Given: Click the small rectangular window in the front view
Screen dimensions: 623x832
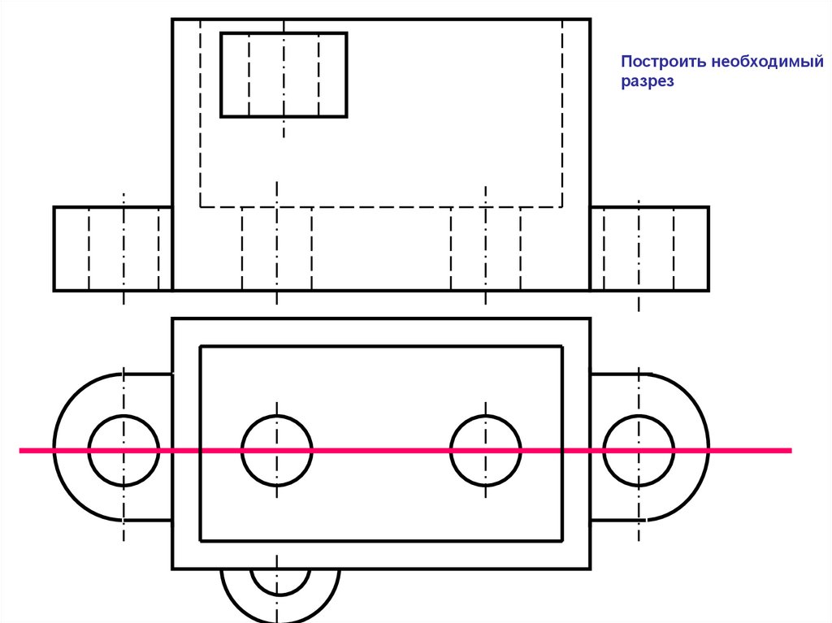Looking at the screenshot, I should (284, 75).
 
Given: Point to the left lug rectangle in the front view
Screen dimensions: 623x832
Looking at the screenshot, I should (113, 249).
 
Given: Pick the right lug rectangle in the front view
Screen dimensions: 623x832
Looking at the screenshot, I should (649, 249).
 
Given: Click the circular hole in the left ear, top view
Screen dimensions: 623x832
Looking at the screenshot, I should (123, 450).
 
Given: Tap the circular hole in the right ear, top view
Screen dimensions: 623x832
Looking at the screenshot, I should (639, 450).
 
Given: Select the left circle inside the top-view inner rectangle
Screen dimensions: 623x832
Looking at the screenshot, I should (276, 450).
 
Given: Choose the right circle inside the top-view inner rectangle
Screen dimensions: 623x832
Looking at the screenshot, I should (485, 450).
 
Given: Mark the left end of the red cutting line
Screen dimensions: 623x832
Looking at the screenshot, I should (21, 449).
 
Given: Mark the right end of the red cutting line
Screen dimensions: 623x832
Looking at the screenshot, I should (790, 449).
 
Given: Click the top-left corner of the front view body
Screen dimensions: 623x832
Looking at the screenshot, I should (172, 19).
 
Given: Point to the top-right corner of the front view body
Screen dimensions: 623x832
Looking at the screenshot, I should (590, 19).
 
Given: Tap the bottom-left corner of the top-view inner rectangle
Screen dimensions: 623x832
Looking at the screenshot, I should (201, 540).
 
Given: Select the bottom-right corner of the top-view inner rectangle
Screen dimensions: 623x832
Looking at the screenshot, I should (562, 540).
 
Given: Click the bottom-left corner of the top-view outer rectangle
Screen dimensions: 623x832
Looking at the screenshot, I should (172, 568).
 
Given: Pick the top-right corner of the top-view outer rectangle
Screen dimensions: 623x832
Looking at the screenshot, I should (590, 319).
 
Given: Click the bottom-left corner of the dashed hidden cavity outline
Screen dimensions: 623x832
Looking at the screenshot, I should (201, 206).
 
